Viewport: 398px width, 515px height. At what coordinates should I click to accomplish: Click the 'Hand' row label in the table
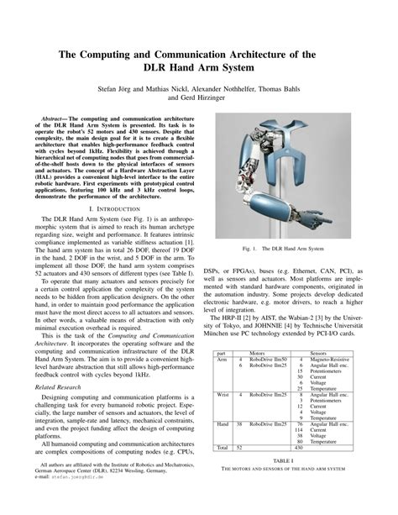pos(224,425)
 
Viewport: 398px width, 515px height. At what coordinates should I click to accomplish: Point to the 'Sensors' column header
pos(318,354)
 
